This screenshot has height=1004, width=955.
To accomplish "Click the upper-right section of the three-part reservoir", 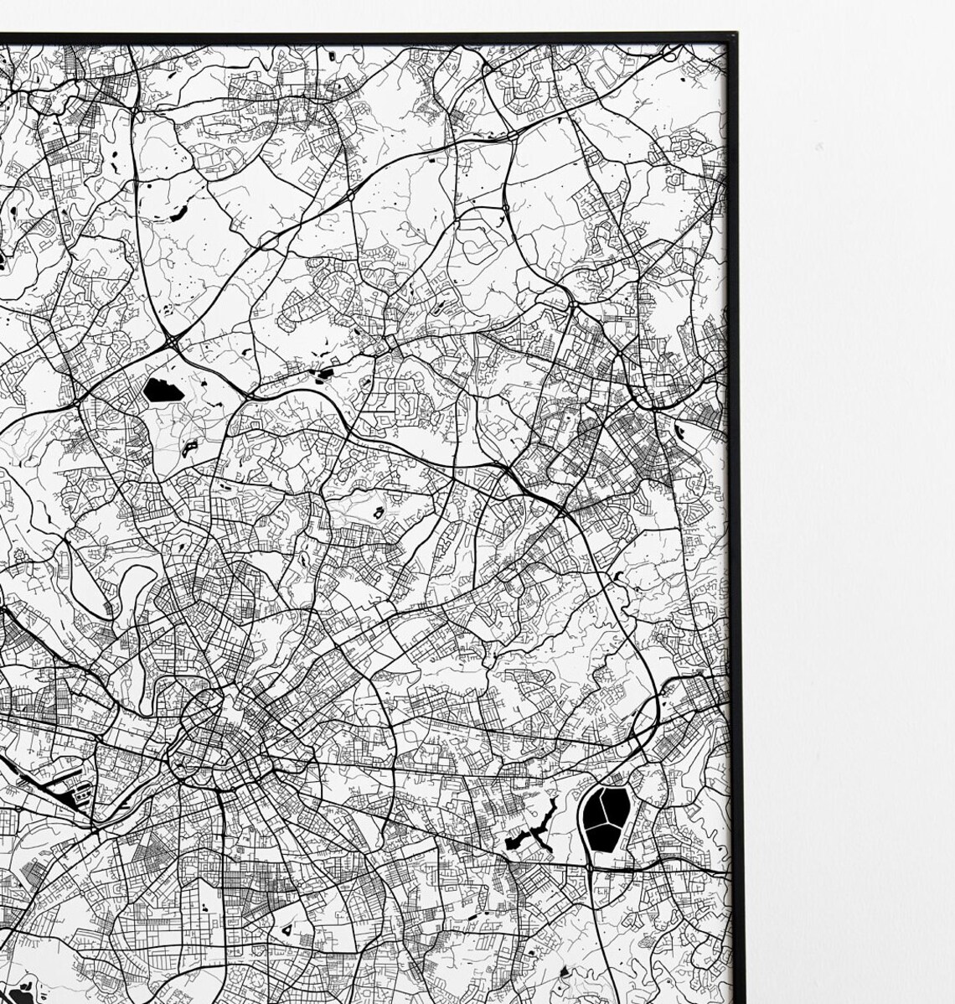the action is (x=617, y=805).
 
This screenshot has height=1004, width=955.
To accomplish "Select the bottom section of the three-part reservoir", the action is (x=605, y=835).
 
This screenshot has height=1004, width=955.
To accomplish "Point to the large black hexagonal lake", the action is (x=161, y=390).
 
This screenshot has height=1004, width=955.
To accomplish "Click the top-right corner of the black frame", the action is (x=734, y=36).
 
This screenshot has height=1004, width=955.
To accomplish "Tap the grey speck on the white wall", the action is (x=818, y=148).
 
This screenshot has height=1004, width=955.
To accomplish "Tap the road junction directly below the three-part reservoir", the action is (x=592, y=871).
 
